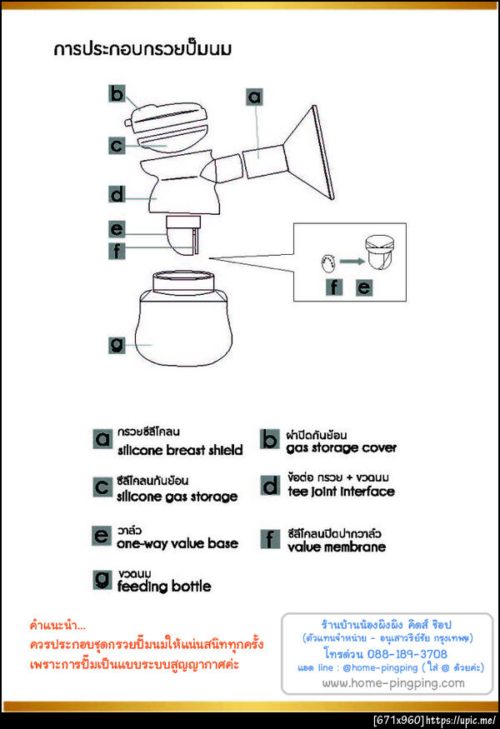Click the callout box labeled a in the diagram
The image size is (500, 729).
(x=254, y=97)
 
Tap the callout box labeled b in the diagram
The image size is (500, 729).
(x=117, y=93)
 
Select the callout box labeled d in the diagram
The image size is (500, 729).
(x=117, y=194)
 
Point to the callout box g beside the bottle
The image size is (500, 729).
(x=117, y=345)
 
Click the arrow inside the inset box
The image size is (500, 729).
(x=352, y=262)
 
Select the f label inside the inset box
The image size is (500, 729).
(x=334, y=287)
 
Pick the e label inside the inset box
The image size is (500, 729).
(x=364, y=287)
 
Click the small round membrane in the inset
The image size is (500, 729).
(x=327, y=263)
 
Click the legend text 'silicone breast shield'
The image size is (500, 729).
(x=180, y=450)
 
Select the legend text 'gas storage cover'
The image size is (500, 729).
(x=342, y=447)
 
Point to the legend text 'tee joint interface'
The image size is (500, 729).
(x=341, y=492)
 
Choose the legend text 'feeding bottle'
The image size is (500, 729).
(x=164, y=587)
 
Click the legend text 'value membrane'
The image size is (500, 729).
(x=337, y=547)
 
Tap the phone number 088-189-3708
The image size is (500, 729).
(x=407, y=654)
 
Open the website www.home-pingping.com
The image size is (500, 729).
(x=393, y=683)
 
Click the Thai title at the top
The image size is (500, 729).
(x=142, y=49)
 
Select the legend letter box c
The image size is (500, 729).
(x=102, y=487)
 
